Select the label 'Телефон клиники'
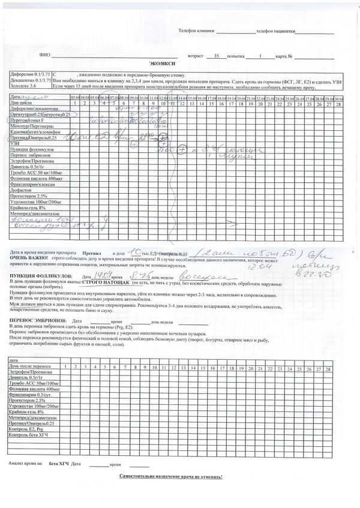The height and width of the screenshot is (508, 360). pyautogui.click(x=195, y=29)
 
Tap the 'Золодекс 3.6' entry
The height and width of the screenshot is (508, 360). pyautogui.click(x=25, y=86)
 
